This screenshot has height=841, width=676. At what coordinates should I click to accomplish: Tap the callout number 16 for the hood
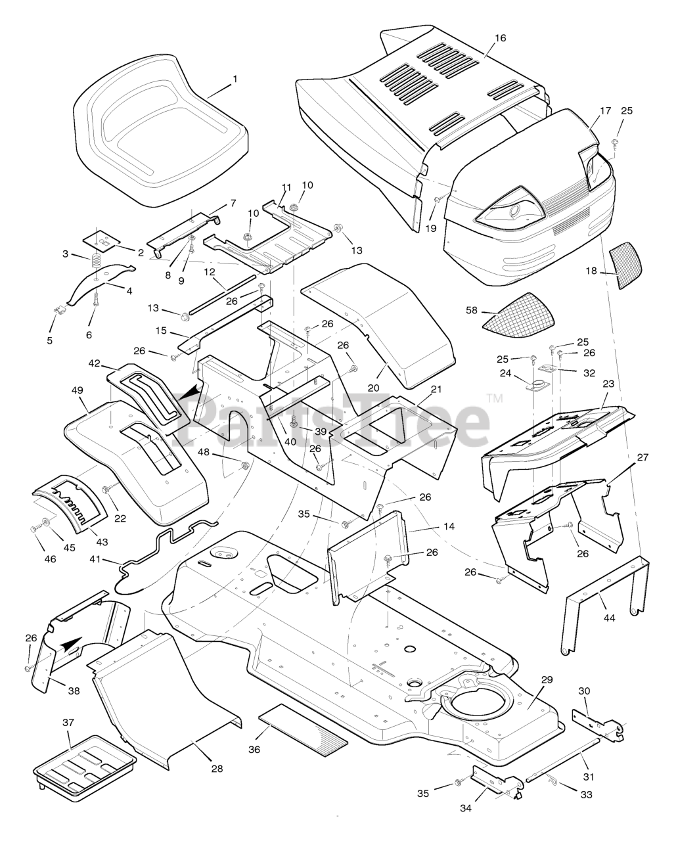(501, 38)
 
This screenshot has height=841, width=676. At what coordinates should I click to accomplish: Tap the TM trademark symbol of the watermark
(494, 398)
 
